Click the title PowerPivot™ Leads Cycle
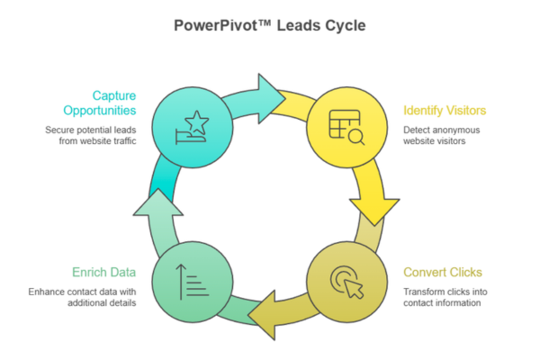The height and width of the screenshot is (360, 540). pos(269,25)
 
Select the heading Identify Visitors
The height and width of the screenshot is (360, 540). pos(445,111)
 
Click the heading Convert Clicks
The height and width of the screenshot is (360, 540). pos(443,273)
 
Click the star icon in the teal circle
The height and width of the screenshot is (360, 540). pos(193,125)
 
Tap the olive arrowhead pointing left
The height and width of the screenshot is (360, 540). pos(268,312)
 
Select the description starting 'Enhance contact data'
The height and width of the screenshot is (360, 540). pos(83,297)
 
